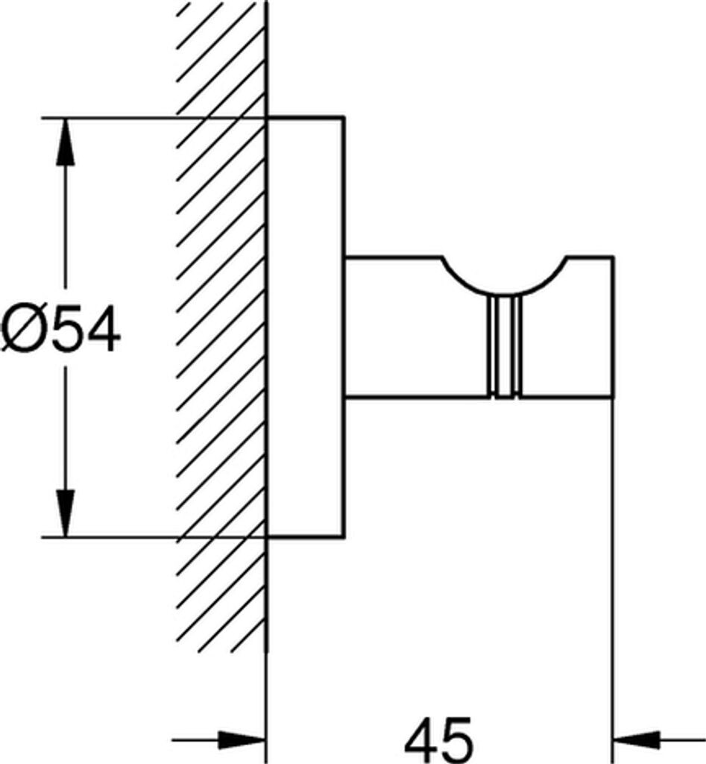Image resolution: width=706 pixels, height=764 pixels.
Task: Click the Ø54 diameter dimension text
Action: click(60, 328)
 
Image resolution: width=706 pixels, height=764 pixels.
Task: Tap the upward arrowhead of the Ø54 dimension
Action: click(66, 143)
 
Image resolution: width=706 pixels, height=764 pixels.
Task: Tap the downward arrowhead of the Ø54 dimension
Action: click(66, 513)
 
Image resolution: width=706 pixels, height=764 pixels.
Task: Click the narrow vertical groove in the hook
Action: click(505, 347)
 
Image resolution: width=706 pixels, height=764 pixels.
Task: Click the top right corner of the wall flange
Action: click(344, 117)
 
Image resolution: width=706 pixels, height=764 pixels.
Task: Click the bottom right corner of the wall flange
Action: click(344, 538)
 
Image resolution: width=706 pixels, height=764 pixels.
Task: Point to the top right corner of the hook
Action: click(613, 257)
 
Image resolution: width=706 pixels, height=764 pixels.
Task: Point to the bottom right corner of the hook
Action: click(613, 398)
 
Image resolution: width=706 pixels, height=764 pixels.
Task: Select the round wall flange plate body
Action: click(305, 328)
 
